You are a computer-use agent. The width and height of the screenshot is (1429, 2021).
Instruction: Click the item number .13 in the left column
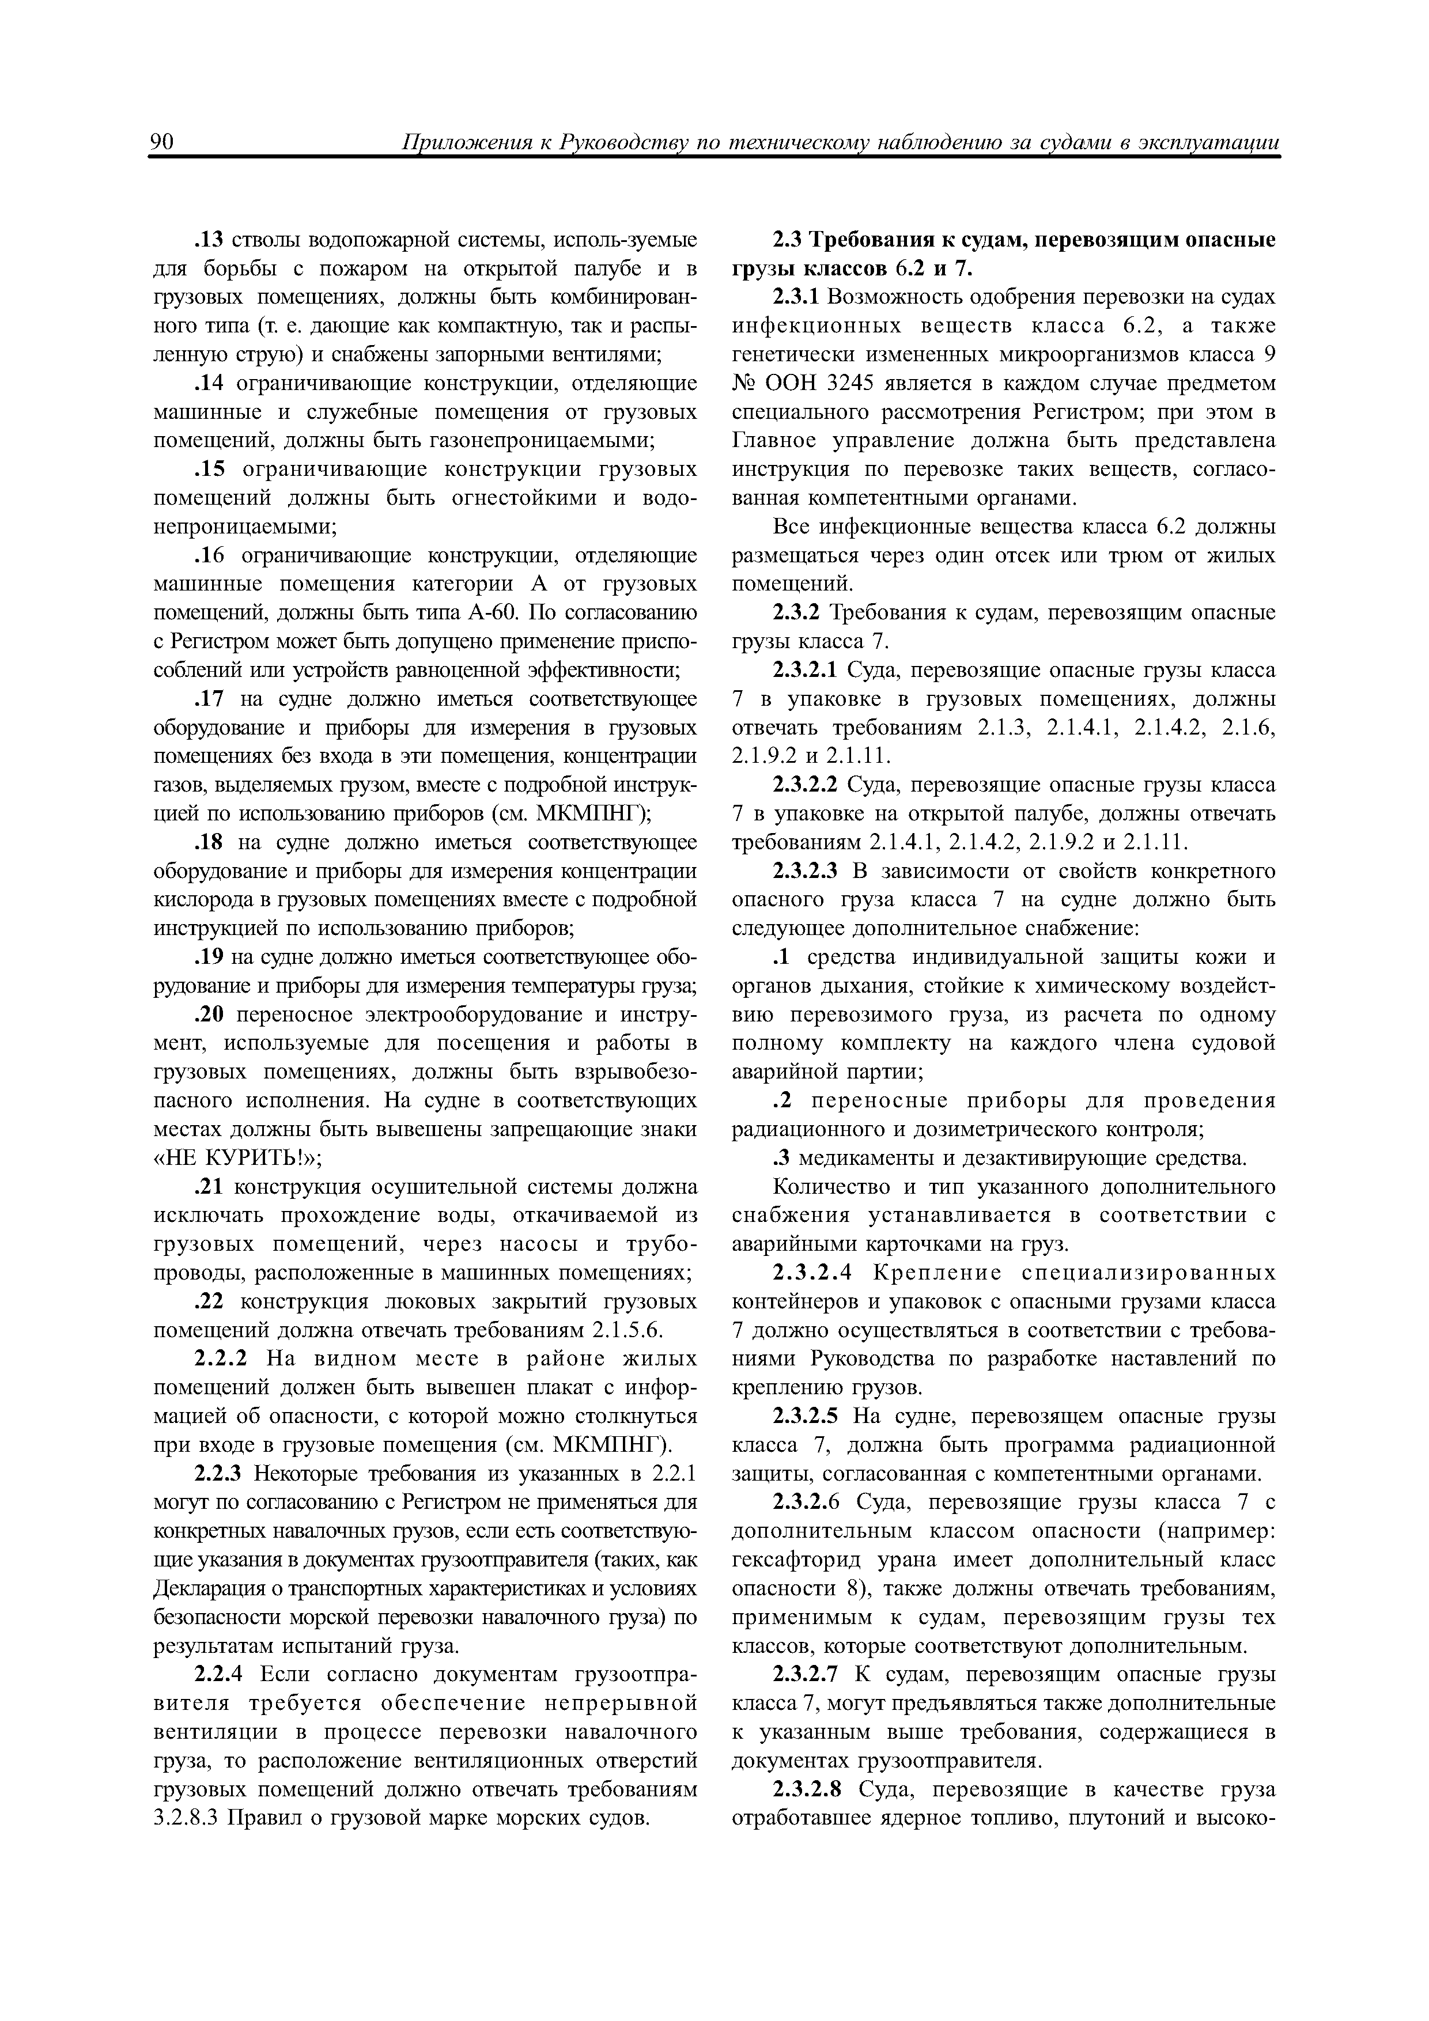pyautogui.click(x=209, y=240)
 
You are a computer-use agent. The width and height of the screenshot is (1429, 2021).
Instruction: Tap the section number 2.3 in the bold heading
pyautogui.click(x=787, y=240)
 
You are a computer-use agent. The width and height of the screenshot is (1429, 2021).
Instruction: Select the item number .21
pyautogui.click(x=209, y=1187)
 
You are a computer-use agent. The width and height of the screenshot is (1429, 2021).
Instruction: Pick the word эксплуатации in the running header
pyautogui.click(x=1209, y=143)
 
